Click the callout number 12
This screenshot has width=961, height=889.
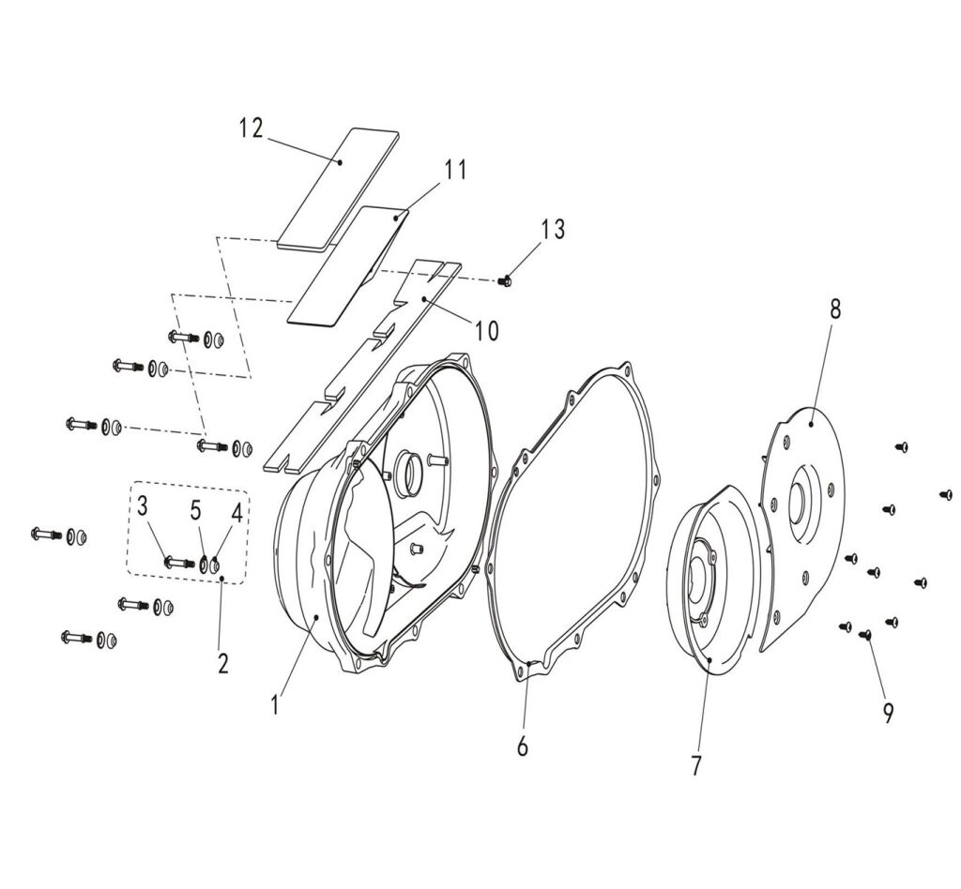click(x=251, y=128)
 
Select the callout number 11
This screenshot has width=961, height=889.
click(x=455, y=170)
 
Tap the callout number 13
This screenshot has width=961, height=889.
click(x=554, y=229)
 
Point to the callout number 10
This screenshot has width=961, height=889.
click(x=486, y=330)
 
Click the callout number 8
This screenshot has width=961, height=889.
click(x=834, y=310)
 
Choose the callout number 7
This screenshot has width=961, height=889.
click(x=695, y=765)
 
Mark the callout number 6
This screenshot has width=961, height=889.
click(x=523, y=746)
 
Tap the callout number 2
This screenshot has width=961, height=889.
click(x=222, y=664)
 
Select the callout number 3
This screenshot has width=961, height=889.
click(x=142, y=507)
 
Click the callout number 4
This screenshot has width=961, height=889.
click(x=236, y=513)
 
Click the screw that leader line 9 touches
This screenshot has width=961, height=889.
click(x=865, y=635)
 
